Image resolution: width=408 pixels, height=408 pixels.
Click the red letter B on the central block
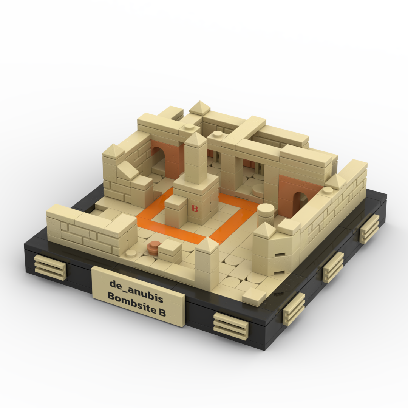(195, 208)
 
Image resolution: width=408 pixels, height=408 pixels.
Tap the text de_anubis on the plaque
(136, 287)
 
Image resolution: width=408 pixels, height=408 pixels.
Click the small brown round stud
(153, 246)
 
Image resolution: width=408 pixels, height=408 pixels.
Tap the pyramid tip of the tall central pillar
(195, 133)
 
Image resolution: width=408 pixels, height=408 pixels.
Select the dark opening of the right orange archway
(299, 202)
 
